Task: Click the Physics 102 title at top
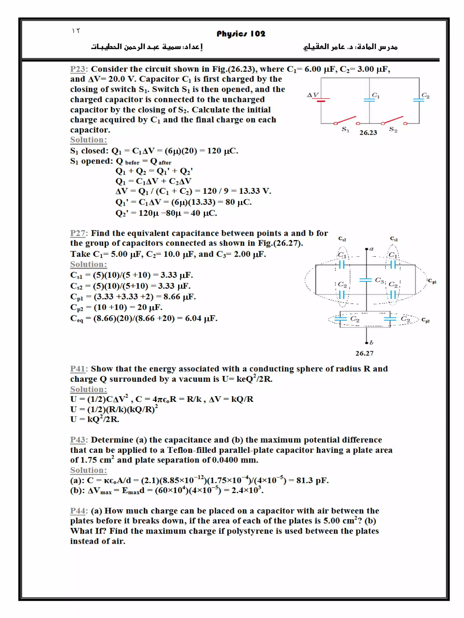[241, 34]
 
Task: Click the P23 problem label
[77, 69]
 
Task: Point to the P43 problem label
[77, 439]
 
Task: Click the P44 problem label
[77, 511]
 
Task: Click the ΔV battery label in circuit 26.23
[312, 95]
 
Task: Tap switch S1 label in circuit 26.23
[346, 129]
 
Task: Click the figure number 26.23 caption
[368, 133]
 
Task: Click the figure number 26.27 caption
[364, 353]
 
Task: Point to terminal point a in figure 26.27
[367, 249]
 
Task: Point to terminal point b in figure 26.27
[367, 343]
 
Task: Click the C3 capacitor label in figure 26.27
[379, 280]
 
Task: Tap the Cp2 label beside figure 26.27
[425, 320]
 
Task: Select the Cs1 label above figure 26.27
[394, 239]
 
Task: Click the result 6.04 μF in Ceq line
[201, 318]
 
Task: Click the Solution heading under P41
[88, 389]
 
